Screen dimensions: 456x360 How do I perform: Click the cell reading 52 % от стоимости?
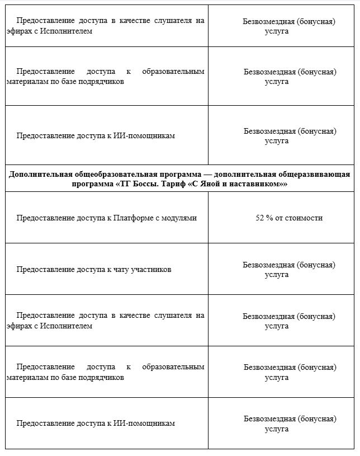[x=288, y=218]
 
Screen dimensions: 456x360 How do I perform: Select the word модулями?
[x=180, y=218]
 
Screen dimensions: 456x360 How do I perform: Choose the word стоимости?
[x=304, y=218]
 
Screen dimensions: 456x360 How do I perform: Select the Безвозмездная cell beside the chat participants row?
[x=288, y=269]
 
